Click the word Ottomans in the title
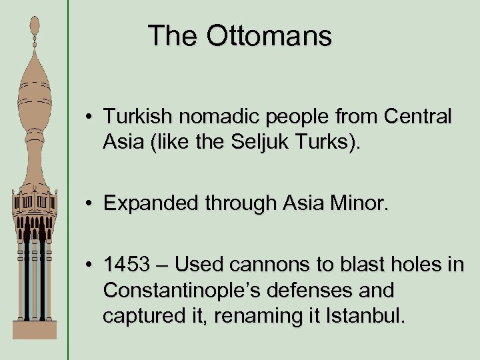[269, 35]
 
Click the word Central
[417, 117]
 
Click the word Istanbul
[366, 314]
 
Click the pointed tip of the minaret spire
[34, 18]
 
